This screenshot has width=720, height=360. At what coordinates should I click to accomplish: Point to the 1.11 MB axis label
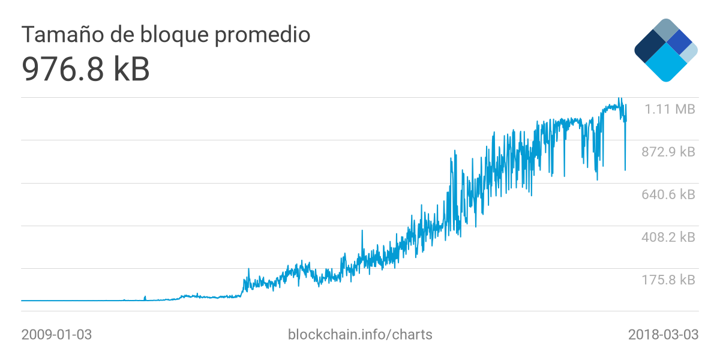(x=670, y=109)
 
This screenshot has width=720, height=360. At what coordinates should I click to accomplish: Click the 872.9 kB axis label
(x=668, y=152)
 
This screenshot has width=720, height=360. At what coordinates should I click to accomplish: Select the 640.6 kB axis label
(x=668, y=194)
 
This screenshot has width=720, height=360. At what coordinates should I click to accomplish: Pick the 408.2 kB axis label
(x=668, y=237)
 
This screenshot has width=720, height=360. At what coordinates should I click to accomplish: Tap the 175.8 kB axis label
(x=668, y=280)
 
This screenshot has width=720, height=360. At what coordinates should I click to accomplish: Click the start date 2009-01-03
(x=56, y=334)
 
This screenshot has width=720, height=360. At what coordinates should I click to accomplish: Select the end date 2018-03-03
(x=663, y=334)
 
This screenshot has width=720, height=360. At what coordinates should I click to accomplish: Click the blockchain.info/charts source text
(x=360, y=334)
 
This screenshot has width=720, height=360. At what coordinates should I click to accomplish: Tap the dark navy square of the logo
(x=649, y=47)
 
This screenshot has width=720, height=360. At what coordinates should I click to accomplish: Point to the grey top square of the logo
(x=665, y=30)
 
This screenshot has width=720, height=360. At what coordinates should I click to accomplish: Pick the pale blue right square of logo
(x=689, y=52)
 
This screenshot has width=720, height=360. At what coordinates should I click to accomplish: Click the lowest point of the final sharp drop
(x=625, y=170)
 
